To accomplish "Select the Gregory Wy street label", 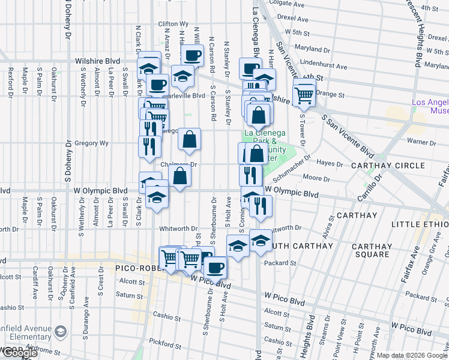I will [x=91, y=143].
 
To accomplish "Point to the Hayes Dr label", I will [x=330, y=163].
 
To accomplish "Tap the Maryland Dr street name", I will [x=325, y=47].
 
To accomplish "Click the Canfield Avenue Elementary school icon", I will [x=61, y=331].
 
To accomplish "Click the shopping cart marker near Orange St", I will [x=304, y=94].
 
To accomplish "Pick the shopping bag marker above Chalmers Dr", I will [x=189, y=140].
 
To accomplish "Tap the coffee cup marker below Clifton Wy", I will [x=192, y=56].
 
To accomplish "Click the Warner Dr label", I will [x=421, y=143].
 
